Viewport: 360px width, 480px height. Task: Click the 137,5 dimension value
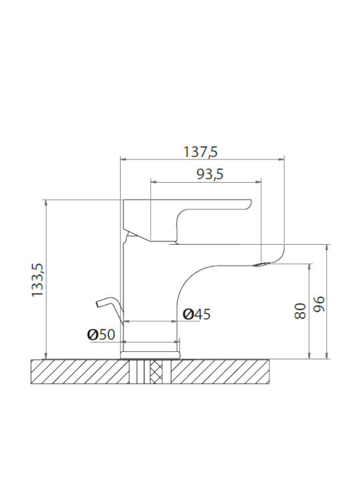coord(200,152)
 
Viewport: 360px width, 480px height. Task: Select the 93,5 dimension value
coord(210,175)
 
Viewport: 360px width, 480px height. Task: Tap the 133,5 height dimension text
coord(38,280)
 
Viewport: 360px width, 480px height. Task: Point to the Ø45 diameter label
coord(197,314)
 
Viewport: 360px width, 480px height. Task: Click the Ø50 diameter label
coord(101,335)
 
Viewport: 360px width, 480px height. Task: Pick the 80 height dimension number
coord(300,311)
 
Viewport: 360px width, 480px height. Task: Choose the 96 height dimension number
coord(319,304)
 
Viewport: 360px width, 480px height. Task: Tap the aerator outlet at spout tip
coord(261,264)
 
